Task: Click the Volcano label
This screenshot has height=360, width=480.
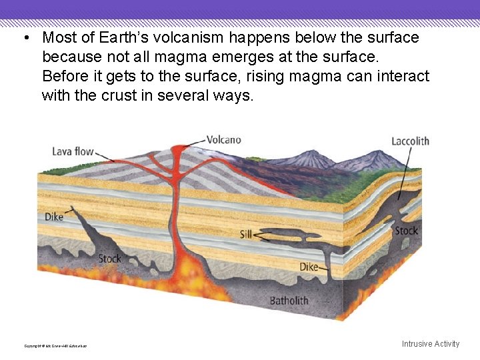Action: click(x=224, y=140)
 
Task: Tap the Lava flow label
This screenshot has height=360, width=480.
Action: click(x=73, y=152)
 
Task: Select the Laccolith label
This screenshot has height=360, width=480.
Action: click(x=410, y=141)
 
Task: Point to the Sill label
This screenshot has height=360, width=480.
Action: click(x=245, y=234)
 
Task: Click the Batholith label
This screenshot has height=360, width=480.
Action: click(x=289, y=301)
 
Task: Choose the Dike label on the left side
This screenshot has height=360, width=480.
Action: click(x=54, y=217)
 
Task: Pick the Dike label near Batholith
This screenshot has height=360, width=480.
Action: click(x=309, y=267)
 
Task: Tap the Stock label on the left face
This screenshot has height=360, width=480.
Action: click(x=109, y=258)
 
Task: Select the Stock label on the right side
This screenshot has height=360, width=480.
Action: click(x=406, y=231)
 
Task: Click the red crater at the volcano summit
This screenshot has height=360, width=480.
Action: click(x=180, y=147)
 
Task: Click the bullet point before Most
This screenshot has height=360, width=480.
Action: click(x=24, y=37)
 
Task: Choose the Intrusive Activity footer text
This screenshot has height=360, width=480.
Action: click(x=430, y=344)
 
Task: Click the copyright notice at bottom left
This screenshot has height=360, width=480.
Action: click(x=55, y=345)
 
